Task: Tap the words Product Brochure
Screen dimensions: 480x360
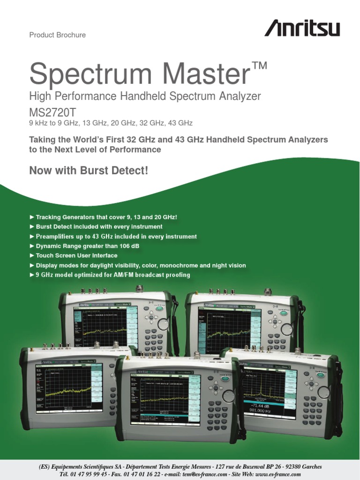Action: point(57,35)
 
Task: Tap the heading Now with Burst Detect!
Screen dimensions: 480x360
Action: point(89,171)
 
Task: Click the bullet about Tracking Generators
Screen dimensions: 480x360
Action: point(106,217)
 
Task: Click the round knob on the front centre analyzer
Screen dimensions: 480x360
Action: point(228,396)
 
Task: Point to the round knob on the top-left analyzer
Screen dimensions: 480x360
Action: point(163,324)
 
